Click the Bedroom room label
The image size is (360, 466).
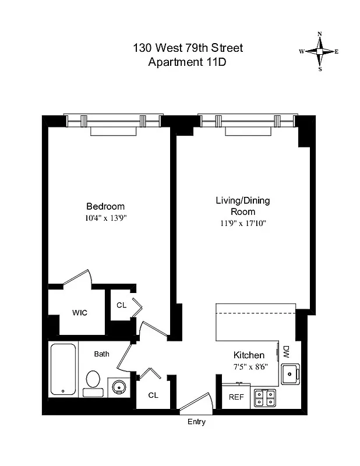105,206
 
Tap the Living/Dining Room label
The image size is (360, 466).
243,206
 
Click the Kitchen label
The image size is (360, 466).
249,355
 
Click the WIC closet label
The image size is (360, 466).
80,313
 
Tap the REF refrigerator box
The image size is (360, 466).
236,397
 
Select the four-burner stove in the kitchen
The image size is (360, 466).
265,397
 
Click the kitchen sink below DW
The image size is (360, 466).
289,373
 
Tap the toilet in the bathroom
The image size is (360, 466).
93,383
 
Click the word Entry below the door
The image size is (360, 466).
196,422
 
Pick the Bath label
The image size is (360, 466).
102,354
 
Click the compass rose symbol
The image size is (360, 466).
319,51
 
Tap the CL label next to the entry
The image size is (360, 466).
153,395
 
